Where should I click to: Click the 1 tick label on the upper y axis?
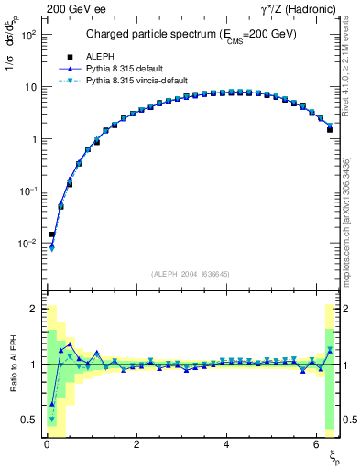(x=33, y=139)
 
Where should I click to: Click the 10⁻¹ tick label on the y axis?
(x=28, y=191)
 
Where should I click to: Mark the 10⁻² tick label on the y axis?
(x=28, y=244)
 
